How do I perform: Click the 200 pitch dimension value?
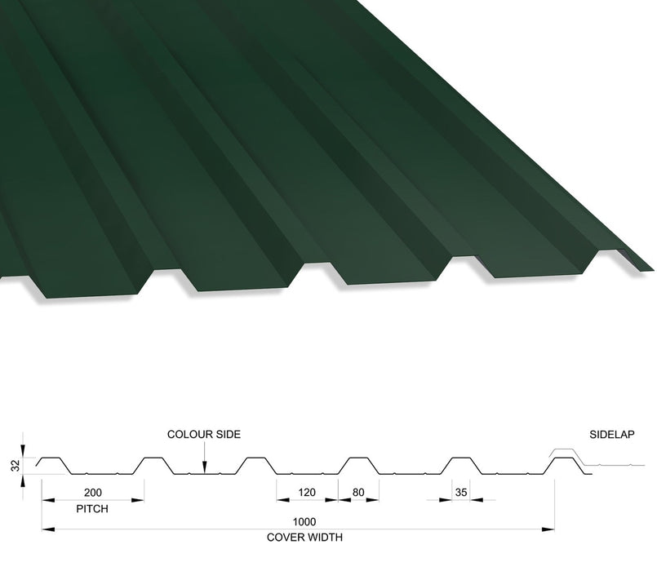(92, 492)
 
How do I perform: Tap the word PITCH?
(92, 508)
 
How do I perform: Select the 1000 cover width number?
(304, 521)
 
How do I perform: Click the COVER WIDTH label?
(304, 537)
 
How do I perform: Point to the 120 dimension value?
(307, 492)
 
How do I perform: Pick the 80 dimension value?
(358, 492)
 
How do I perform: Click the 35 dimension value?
(461, 492)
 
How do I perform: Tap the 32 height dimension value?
(16, 466)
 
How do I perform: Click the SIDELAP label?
(612, 435)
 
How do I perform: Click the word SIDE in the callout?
(227, 434)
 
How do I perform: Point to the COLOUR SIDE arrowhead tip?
(205, 473)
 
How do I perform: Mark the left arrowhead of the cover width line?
(48, 529)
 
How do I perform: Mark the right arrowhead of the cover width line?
(548, 529)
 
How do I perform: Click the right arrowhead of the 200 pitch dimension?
(138, 500)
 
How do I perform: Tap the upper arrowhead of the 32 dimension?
(23, 450)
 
